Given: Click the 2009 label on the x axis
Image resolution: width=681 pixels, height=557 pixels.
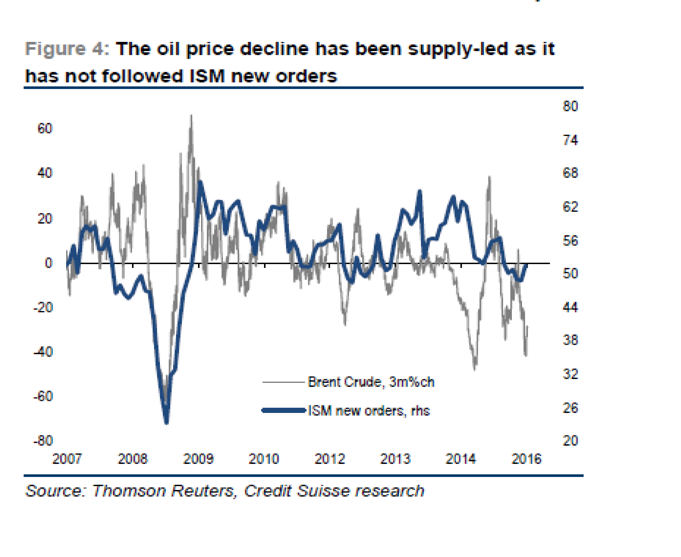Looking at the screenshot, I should coord(198,459).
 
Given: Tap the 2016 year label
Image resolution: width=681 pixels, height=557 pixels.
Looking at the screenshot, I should coord(526,459).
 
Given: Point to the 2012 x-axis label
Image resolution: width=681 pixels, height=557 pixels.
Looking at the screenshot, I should coord(330,459).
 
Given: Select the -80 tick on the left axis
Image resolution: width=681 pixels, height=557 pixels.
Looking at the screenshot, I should coord(43,441).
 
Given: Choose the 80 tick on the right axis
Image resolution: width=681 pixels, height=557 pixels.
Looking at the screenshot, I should coord(570,106).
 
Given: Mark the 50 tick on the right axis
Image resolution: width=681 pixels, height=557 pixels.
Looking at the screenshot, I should coord(570,274).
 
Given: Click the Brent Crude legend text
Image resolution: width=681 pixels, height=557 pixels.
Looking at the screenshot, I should coord(371,382).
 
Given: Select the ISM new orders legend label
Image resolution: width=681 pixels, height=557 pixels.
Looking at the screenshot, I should coord(369,411).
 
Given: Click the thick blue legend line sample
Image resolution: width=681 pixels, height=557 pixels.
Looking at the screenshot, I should coord(283,410).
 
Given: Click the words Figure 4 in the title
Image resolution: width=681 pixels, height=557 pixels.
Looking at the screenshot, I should coord(67,49).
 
